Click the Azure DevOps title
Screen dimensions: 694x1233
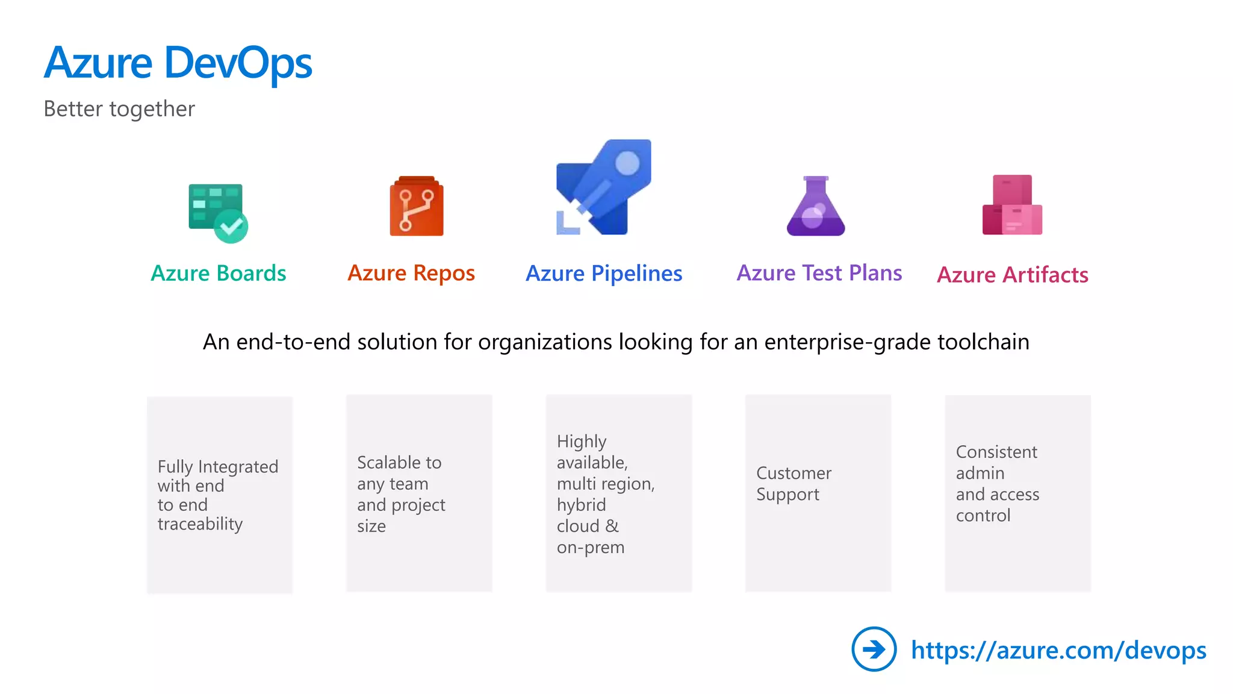[178, 63]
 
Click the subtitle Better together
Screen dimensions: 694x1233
[119, 109]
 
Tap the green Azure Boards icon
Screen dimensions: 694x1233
[217, 213]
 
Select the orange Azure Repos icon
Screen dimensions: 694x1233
[417, 206]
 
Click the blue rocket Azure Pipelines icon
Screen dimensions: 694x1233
[604, 187]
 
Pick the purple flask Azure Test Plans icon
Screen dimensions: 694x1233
[816, 207]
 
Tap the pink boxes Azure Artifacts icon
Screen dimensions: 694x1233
[1012, 205]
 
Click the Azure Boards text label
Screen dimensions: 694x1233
[218, 273]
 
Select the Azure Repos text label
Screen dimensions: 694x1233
[411, 273]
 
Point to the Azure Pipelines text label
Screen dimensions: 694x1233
[604, 274]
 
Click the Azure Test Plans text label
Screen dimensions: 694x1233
[819, 273]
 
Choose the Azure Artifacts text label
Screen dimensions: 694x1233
[1013, 275]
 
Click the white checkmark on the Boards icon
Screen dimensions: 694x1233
[231, 227]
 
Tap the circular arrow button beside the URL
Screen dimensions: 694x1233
[874, 649]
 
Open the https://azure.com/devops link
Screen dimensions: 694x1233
[1058, 650]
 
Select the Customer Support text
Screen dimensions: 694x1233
[794, 483]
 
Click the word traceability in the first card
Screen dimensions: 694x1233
[200, 524]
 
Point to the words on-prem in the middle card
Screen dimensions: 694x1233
[590, 547]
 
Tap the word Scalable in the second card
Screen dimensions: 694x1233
[383, 462]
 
